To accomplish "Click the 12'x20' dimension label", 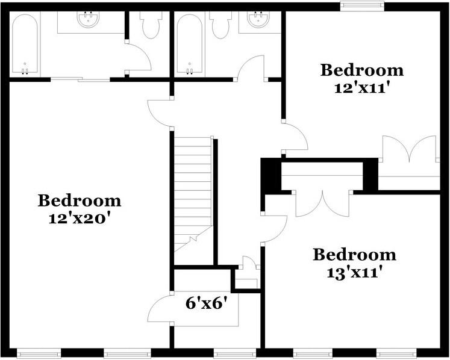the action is click(79, 219).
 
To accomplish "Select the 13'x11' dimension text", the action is click(354, 273).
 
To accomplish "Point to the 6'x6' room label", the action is click(208, 303).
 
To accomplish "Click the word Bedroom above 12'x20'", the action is click(79, 200).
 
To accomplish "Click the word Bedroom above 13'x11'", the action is click(354, 255).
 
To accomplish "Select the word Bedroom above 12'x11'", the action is click(362, 70).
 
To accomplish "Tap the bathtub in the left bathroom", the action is click(25, 45).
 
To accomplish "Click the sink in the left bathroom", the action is click(89, 19).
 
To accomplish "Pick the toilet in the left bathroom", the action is click(150, 25).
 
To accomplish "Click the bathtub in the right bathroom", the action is click(189, 45).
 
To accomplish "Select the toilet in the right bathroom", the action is click(220, 25).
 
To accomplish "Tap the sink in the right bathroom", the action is click(259, 19).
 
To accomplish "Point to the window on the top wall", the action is click(362, 6).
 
